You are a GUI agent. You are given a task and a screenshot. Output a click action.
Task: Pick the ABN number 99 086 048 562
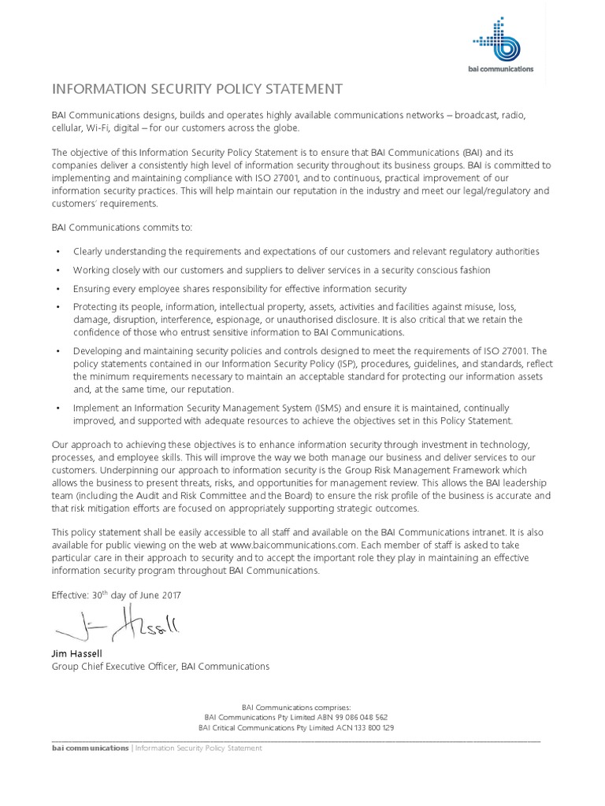coord(351,717)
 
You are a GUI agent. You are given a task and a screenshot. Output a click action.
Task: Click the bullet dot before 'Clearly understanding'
coord(58,252)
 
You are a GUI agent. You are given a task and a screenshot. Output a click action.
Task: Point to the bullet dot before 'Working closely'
coord(58,270)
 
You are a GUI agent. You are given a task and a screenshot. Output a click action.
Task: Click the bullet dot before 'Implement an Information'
coord(58,408)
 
